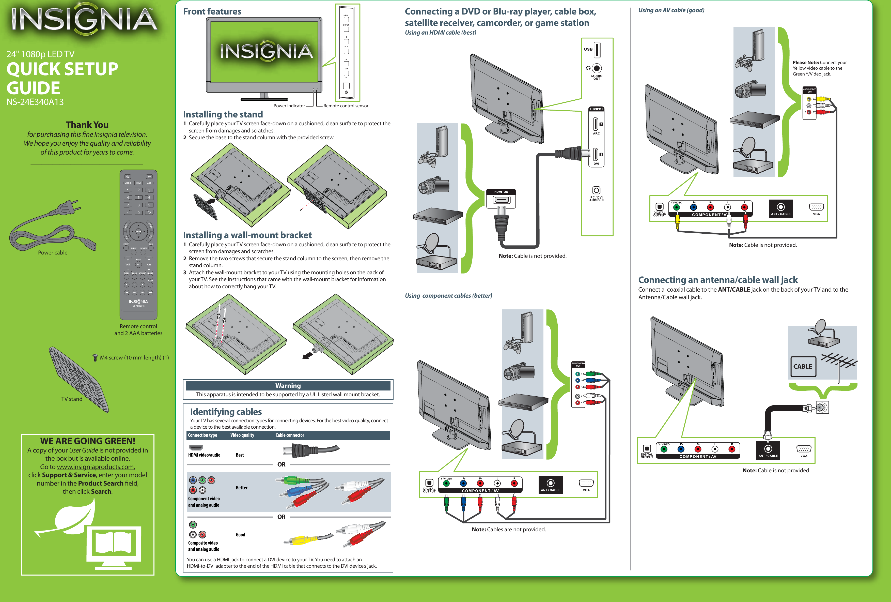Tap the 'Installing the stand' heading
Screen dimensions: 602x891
click(x=223, y=114)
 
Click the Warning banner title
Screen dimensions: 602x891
click(x=288, y=386)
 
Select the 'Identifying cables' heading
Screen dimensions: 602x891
click(x=226, y=412)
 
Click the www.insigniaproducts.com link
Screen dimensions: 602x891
click(x=96, y=466)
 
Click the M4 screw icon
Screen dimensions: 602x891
click(x=96, y=358)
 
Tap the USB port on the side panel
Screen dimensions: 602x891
click(x=597, y=50)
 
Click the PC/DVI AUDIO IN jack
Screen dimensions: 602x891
click(x=596, y=190)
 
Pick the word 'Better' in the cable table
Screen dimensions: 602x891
click(x=242, y=488)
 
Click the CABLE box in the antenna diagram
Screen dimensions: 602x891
click(x=802, y=366)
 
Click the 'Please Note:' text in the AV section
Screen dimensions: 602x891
click(x=805, y=63)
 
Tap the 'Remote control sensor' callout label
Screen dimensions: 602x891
click(x=346, y=106)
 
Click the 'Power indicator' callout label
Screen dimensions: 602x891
click(x=289, y=106)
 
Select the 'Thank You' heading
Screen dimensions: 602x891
click(x=87, y=125)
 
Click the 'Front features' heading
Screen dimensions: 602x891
click(x=212, y=11)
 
